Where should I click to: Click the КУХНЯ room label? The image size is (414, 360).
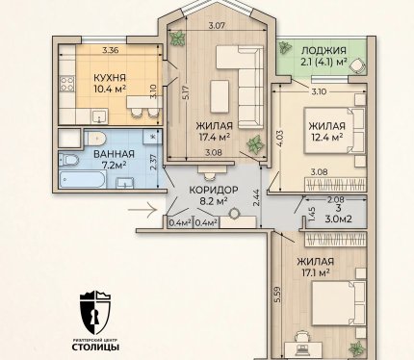click(x=110, y=78)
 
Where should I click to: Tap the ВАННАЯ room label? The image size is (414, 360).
click(x=114, y=154)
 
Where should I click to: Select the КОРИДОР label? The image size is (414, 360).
click(x=214, y=190)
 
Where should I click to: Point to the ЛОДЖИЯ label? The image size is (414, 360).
click(x=323, y=50)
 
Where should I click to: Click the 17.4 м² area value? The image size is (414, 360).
click(x=215, y=138)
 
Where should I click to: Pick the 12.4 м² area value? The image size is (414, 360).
click(x=326, y=138)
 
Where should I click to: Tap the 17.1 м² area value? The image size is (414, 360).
click(x=316, y=273)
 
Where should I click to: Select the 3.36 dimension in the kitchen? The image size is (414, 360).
click(x=111, y=50)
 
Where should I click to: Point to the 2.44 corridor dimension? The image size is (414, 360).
click(x=255, y=200)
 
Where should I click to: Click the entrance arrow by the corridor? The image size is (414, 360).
click(x=142, y=210)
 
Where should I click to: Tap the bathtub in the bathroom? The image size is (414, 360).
click(x=83, y=179)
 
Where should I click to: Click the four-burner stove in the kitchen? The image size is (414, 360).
click(x=67, y=84)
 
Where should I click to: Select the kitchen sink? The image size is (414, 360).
click(x=100, y=116)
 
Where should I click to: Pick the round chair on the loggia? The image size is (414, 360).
click(x=357, y=65)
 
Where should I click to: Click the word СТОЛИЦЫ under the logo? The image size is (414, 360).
click(x=95, y=347)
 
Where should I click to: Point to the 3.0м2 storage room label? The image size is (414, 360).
click(x=339, y=219)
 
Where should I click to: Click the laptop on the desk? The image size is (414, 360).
click(x=302, y=348)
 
